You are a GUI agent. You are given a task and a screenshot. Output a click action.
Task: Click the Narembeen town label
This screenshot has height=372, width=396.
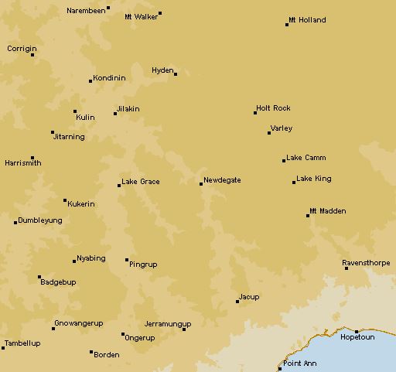coord(86,11)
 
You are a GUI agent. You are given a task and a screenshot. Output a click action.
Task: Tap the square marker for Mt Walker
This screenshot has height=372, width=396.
coord(160,13)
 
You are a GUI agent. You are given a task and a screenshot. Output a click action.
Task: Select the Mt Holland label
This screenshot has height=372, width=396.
coord(307,20)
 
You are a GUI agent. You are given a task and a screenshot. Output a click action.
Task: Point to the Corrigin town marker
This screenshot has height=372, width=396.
coord(32,55)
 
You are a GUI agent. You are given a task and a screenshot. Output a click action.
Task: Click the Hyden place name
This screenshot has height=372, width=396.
coord(162,70)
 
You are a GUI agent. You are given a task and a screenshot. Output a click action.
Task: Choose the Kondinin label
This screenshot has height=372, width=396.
coord(109,78)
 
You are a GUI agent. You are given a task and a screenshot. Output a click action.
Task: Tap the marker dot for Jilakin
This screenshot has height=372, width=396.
coord(115,114)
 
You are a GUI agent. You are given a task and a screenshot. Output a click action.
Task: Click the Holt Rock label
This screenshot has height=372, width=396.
coord(273,108)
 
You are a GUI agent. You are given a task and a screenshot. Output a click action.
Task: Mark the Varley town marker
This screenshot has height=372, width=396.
coord(269,133)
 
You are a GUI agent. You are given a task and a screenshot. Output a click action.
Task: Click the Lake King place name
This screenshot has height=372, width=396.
coord(314,179)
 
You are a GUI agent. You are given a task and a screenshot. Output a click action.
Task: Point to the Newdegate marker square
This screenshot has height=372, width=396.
coord(201,184)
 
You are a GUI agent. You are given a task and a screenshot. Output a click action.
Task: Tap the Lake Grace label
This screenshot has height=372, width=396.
coord(141,182)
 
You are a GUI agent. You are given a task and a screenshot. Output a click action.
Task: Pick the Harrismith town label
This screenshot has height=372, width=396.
coord(23,163)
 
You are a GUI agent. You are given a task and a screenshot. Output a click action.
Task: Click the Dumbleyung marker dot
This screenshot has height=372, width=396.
coord(15,223)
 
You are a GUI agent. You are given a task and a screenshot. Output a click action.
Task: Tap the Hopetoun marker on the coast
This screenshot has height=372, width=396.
coord(357,331)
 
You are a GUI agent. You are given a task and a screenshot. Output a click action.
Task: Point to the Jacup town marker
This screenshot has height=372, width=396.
coord(237,302)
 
